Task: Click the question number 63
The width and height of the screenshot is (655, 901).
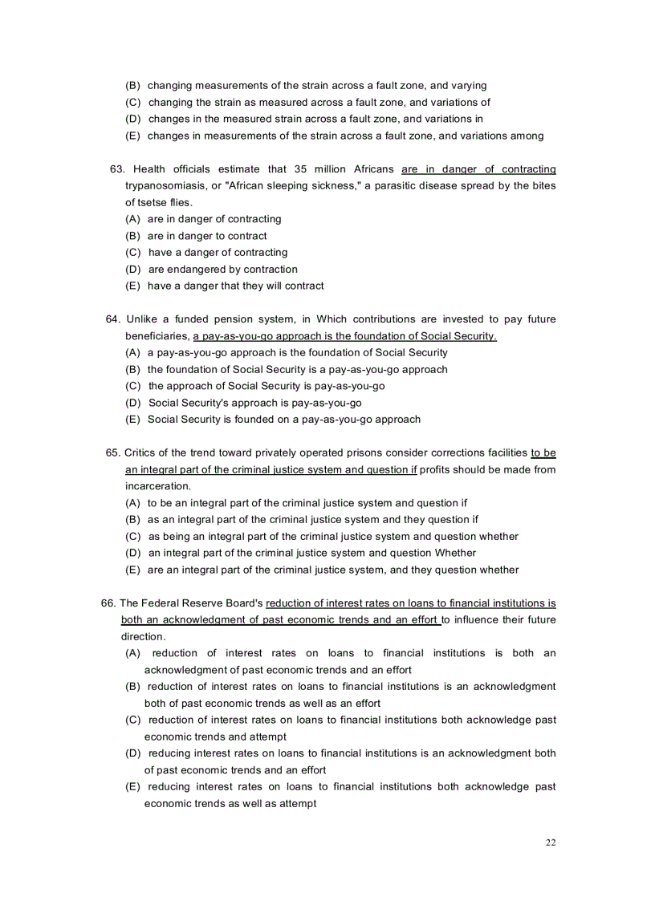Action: [x=117, y=169]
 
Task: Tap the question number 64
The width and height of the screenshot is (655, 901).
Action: [x=114, y=319]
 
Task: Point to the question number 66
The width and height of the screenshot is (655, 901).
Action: [x=108, y=603]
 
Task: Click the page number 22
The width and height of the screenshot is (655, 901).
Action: [x=550, y=842]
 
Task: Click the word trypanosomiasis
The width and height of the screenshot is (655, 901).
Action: [x=165, y=186]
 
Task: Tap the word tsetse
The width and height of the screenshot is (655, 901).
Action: [x=154, y=203]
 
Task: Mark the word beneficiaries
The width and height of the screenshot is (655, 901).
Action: [x=157, y=336]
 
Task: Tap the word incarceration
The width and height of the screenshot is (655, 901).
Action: [x=158, y=486]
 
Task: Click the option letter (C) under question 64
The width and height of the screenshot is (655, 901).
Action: [x=134, y=386]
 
